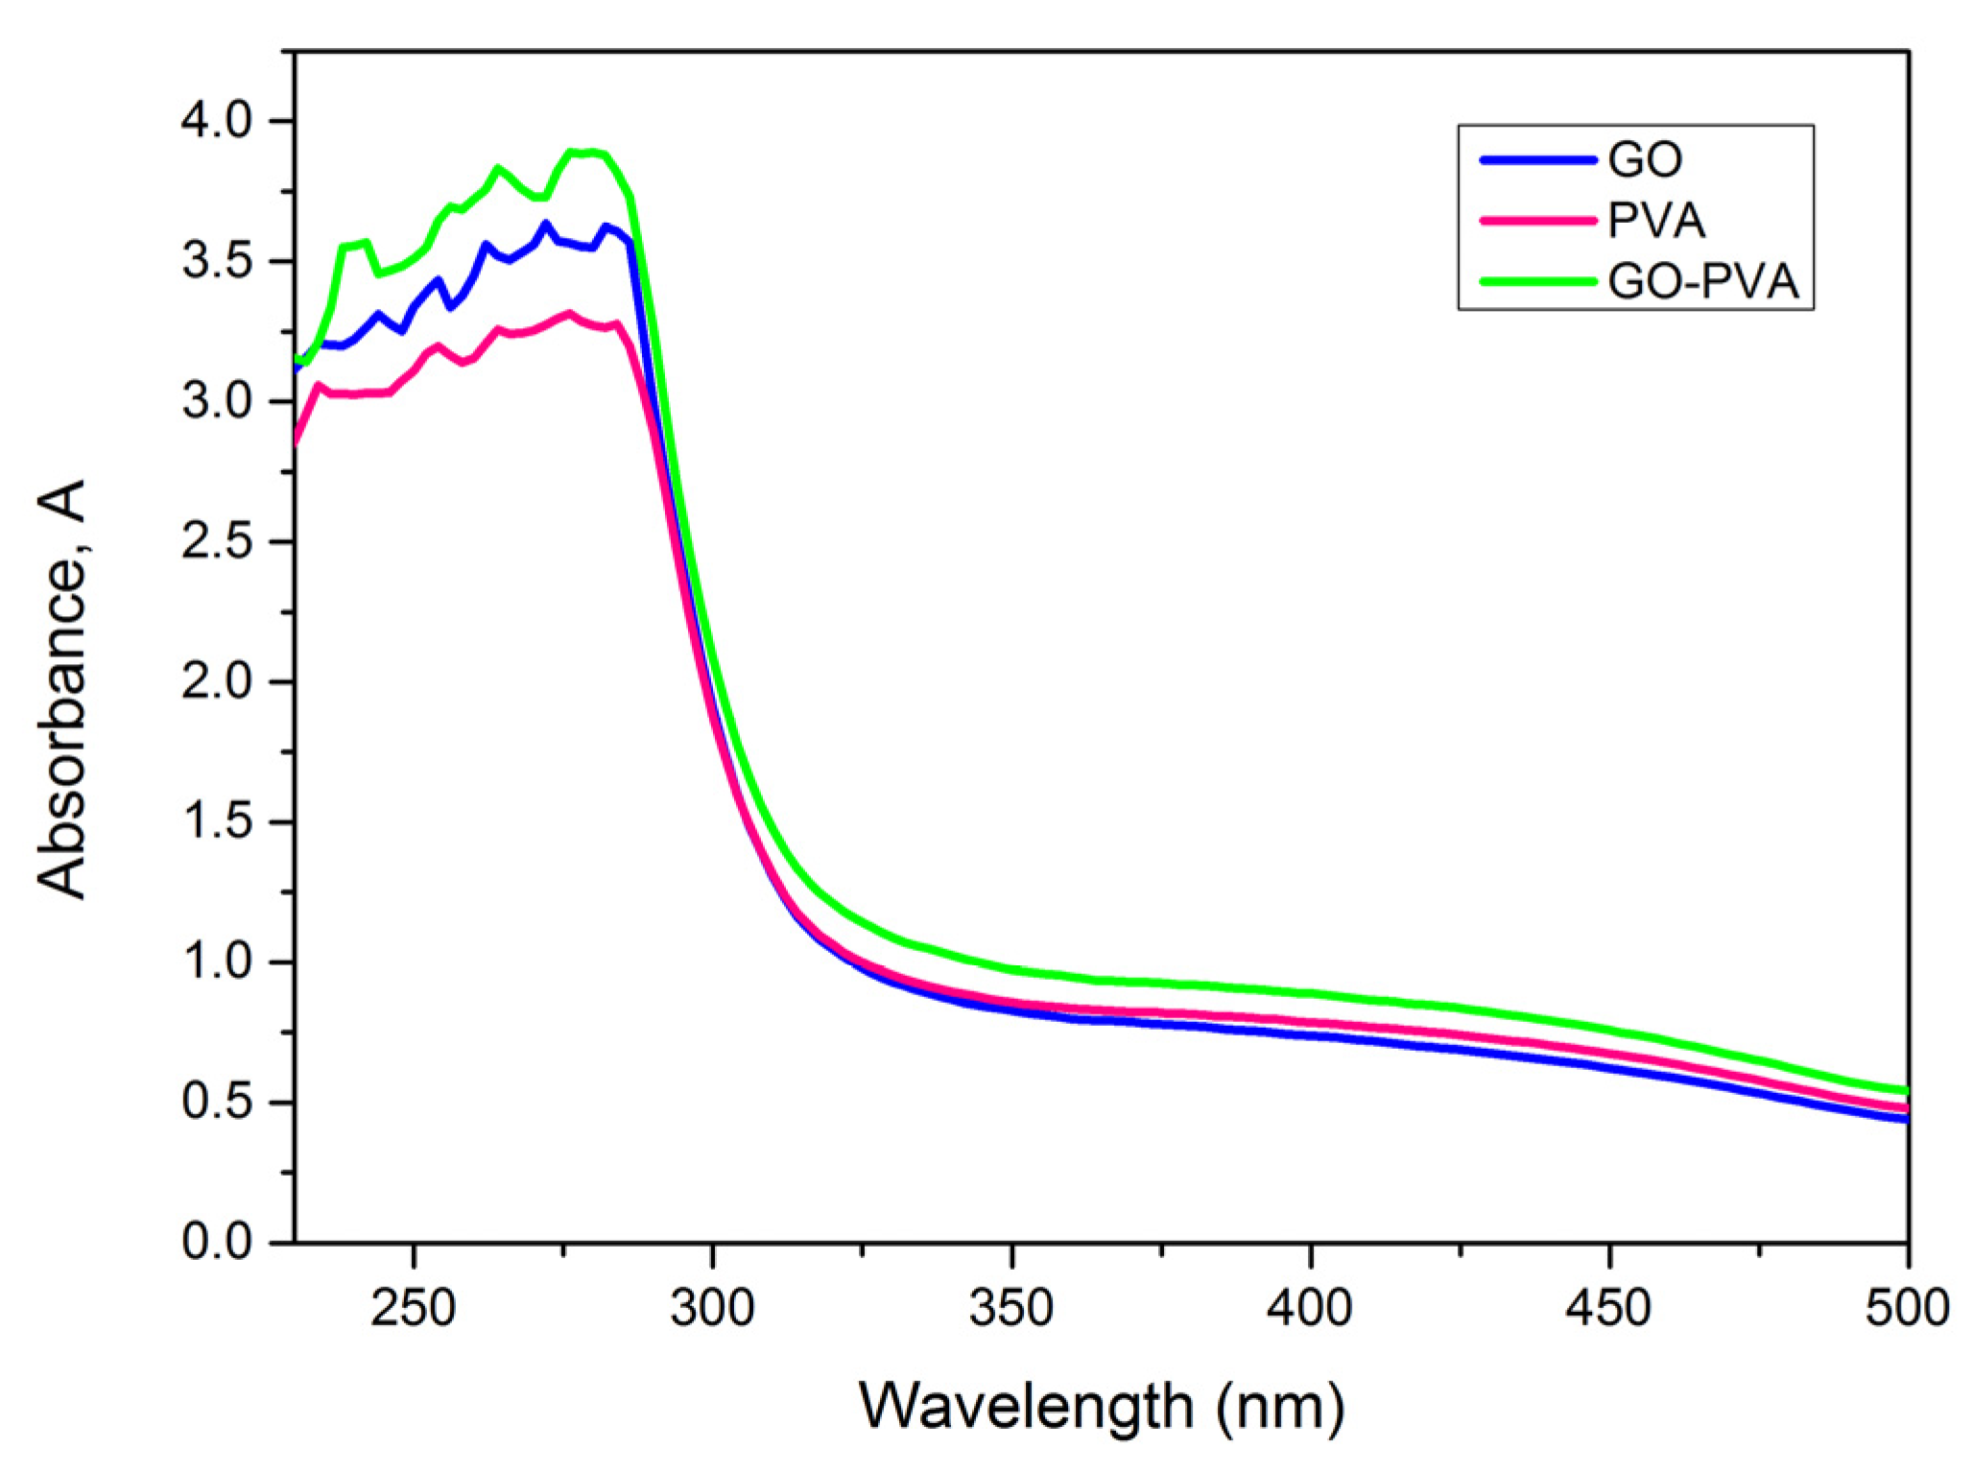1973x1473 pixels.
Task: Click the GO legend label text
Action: tap(1645, 160)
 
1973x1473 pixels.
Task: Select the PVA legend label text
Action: tap(1656, 222)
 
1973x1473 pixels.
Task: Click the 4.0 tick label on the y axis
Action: tap(216, 122)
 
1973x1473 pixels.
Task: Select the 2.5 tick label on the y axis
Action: tap(216, 542)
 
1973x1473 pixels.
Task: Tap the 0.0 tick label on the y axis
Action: tap(216, 1242)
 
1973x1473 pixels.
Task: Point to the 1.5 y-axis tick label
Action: tap(216, 822)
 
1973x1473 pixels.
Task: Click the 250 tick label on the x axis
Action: tap(413, 1308)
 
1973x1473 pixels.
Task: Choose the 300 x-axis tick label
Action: tap(712, 1308)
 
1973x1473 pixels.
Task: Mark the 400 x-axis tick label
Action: tap(1310, 1308)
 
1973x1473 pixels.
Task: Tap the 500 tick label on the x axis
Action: tap(1906, 1308)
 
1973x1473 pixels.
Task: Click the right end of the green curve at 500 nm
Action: tap(1906, 1091)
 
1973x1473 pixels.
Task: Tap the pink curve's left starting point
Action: tap(297, 442)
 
